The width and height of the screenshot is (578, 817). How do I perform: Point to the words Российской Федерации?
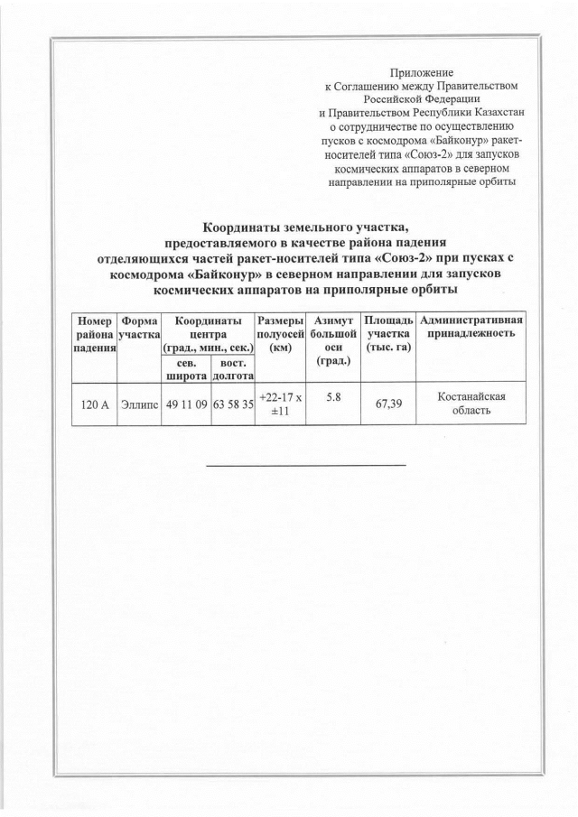(x=421, y=99)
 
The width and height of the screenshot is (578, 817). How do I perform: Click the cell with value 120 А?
(x=94, y=405)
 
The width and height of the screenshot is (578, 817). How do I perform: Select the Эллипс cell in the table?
(x=139, y=405)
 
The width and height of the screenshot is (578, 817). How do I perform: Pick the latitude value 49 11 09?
(x=184, y=405)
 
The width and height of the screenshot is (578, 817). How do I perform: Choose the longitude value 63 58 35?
(x=232, y=405)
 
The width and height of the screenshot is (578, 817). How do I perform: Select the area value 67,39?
(x=387, y=405)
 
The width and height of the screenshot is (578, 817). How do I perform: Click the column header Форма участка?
(x=139, y=328)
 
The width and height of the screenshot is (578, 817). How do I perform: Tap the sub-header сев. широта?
(x=184, y=367)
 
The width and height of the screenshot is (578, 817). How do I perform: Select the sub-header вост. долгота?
(x=232, y=367)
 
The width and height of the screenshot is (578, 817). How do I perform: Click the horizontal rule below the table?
(x=306, y=465)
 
